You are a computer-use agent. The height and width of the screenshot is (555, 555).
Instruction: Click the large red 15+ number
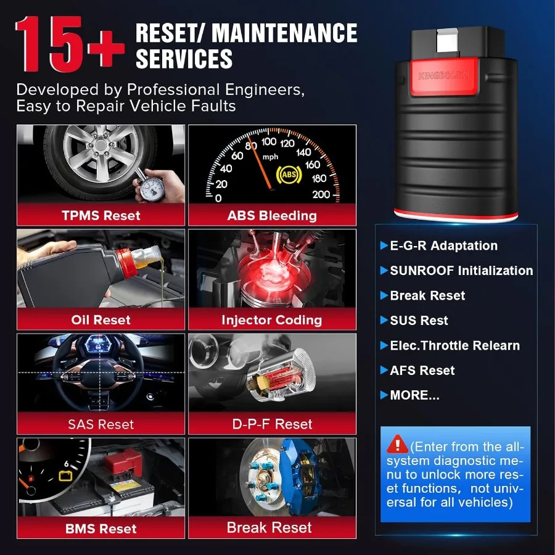tap(70, 44)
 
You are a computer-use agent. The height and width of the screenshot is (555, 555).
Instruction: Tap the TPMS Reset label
tap(101, 216)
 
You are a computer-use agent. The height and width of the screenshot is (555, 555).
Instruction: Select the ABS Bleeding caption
tap(272, 216)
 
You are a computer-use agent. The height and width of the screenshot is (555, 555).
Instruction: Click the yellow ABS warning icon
tap(289, 175)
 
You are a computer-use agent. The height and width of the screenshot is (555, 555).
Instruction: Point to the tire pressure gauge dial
tap(151, 187)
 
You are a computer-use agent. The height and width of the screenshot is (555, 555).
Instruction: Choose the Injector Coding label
tap(272, 320)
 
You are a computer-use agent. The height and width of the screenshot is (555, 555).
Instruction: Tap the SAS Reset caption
tap(101, 424)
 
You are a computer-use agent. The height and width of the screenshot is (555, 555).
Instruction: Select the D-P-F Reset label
tap(272, 424)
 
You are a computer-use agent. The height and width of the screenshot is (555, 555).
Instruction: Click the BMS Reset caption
tap(101, 529)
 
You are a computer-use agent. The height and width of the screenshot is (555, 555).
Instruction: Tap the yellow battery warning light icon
tap(65, 475)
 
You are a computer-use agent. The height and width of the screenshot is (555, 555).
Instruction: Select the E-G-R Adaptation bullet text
tap(443, 245)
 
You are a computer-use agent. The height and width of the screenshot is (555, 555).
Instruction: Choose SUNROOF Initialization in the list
tap(461, 271)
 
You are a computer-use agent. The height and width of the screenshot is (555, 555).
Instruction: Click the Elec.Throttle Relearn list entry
tap(455, 345)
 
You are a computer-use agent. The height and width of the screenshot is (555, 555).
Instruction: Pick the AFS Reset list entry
tap(422, 371)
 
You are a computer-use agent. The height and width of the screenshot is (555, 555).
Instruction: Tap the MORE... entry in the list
tap(414, 395)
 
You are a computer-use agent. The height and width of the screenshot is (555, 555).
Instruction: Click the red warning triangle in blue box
tap(398, 444)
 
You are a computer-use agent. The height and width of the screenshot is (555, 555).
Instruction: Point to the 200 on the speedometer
tap(321, 194)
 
